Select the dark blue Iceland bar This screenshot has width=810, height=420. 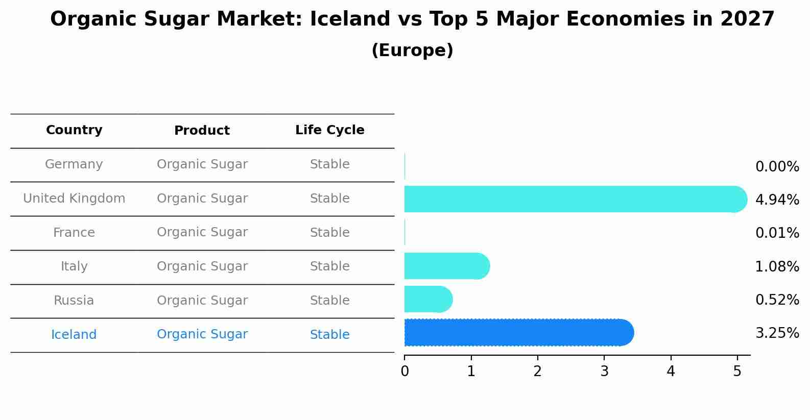(516, 333)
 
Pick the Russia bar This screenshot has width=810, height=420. (427, 299)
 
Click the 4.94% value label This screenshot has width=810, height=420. (777, 200)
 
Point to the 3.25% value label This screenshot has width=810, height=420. (777, 333)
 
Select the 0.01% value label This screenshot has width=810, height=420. (777, 233)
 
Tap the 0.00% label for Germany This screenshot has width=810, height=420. (777, 167)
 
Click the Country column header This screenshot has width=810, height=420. (74, 130)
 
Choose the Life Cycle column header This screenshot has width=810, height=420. (329, 130)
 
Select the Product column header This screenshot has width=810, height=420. (202, 131)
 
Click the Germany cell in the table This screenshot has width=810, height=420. (74, 164)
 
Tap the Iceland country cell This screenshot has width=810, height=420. (74, 335)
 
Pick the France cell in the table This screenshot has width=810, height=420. (74, 233)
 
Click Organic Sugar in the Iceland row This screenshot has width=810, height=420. (202, 334)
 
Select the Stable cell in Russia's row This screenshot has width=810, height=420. (329, 301)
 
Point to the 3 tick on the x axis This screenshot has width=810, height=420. (604, 372)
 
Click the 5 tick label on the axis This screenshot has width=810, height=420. (737, 372)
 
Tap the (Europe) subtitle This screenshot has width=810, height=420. (412, 51)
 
